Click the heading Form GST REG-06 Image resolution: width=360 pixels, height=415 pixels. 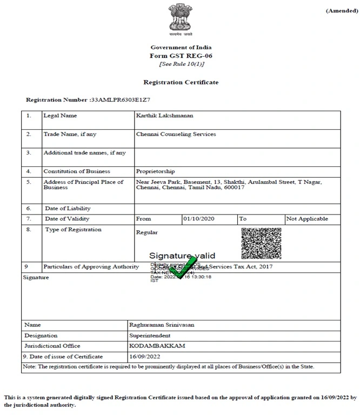[x=181, y=56]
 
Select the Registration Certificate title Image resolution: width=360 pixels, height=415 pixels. [x=181, y=82]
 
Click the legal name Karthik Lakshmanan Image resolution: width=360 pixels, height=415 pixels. [x=164, y=116]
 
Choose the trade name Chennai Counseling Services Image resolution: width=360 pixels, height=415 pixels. [x=176, y=134]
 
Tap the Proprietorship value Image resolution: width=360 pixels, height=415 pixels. [x=155, y=171]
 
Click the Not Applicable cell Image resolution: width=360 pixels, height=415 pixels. [x=307, y=219]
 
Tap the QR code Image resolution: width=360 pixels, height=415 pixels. [x=261, y=243]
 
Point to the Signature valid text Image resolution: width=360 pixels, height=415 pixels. [x=182, y=256]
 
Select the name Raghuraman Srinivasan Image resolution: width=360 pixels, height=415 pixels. [x=162, y=325]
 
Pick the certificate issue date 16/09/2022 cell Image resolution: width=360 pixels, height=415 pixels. [x=145, y=357]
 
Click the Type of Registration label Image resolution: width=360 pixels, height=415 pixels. [x=72, y=230]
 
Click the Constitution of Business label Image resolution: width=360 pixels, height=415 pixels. [x=77, y=171]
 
